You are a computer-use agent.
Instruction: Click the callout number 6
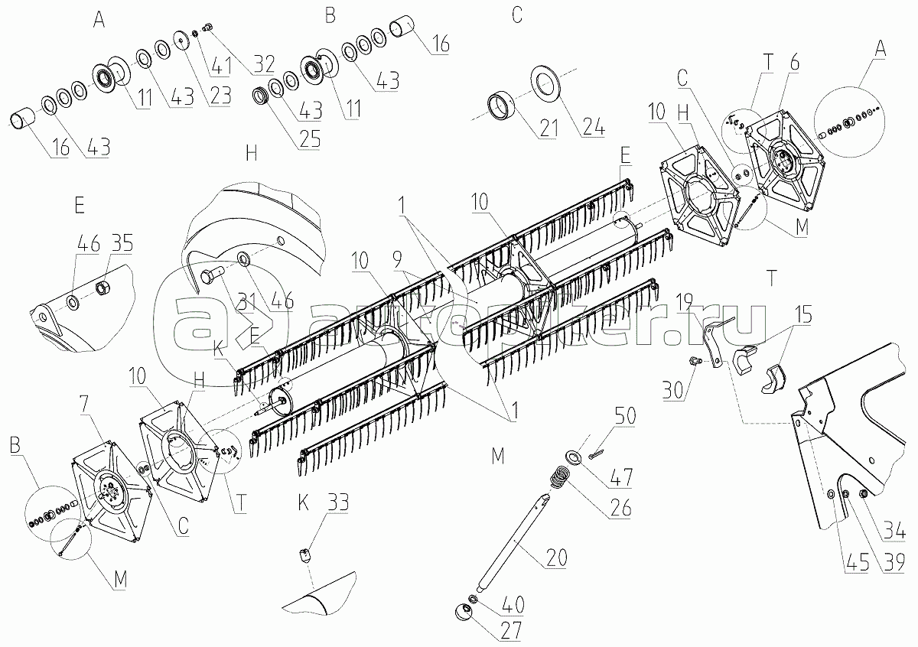[x=795, y=64]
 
